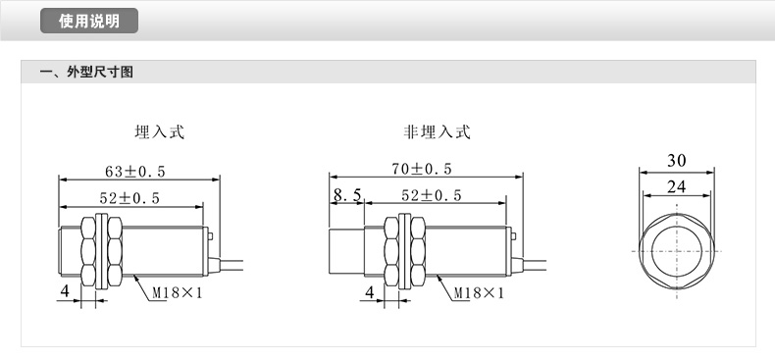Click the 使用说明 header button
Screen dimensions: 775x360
[x=89, y=21]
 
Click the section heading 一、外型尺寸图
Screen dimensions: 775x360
[x=87, y=73]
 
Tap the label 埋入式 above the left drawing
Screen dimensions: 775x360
[x=160, y=132]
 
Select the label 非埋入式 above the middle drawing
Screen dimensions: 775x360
[x=437, y=132]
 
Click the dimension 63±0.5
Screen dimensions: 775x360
[x=135, y=172]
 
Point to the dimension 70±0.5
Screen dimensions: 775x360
[x=422, y=169]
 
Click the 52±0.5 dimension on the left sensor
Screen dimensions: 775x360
[x=129, y=198]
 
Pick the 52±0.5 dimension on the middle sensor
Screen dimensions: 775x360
[x=431, y=196]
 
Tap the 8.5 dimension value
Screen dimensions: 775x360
[x=347, y=195]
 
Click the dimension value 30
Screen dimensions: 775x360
[x=677, y=161]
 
